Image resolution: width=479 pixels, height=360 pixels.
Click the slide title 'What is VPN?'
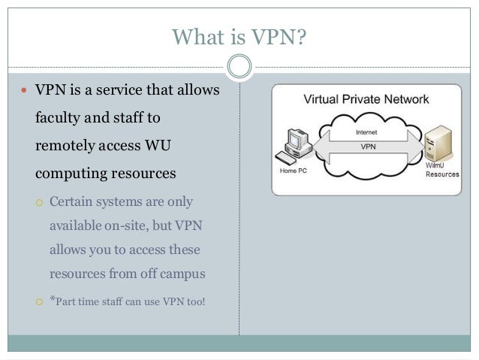point(239,36)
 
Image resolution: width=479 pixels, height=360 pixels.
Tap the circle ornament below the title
point(239,66)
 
